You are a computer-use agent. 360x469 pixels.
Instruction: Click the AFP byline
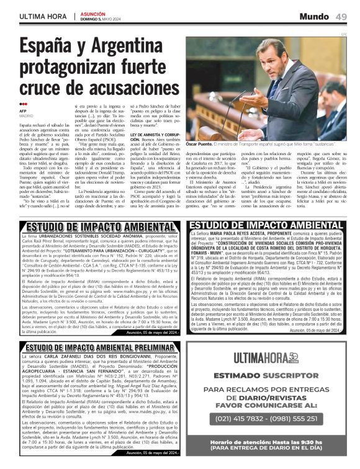(23, 110)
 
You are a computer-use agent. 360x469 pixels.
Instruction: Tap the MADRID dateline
(26, 115)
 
